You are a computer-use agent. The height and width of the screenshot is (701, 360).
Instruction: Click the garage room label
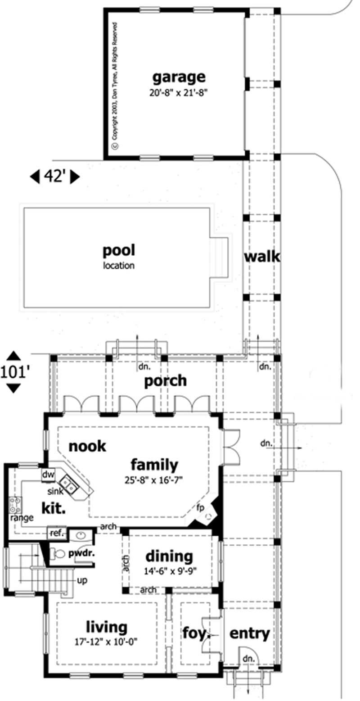click(x=179, y=77)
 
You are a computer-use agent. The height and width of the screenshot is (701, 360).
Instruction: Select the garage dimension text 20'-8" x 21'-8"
click(x=179, y=93)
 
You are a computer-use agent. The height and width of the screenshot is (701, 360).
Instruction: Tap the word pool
click(x=119, y=250)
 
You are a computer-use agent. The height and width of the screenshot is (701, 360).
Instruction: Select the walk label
click(x=262, y=257)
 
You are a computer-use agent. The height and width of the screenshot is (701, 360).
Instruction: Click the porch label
click(x=165, y=381)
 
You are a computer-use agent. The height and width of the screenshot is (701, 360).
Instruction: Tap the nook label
click(x=87, y=446)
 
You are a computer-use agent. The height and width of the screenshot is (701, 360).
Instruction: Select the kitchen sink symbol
click(x=70, y=484)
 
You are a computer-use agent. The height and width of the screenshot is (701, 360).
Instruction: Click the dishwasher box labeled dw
click(x=48, y=475)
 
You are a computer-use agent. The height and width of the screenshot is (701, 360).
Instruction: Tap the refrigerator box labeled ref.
click(x=56, y=533)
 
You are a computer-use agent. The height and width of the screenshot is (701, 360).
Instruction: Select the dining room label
click(x=169, y=556)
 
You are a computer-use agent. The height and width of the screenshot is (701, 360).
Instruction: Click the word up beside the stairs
click(x=82, y=580)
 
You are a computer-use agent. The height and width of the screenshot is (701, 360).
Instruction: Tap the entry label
click(x=250, y=633)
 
